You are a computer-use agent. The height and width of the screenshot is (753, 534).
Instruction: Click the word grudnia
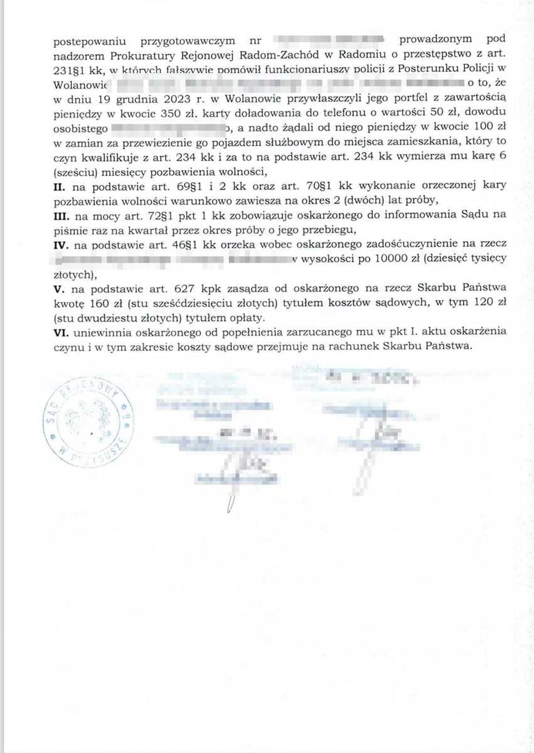[133, 99]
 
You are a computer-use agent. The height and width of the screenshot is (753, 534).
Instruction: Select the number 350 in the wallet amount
[170, 113]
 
